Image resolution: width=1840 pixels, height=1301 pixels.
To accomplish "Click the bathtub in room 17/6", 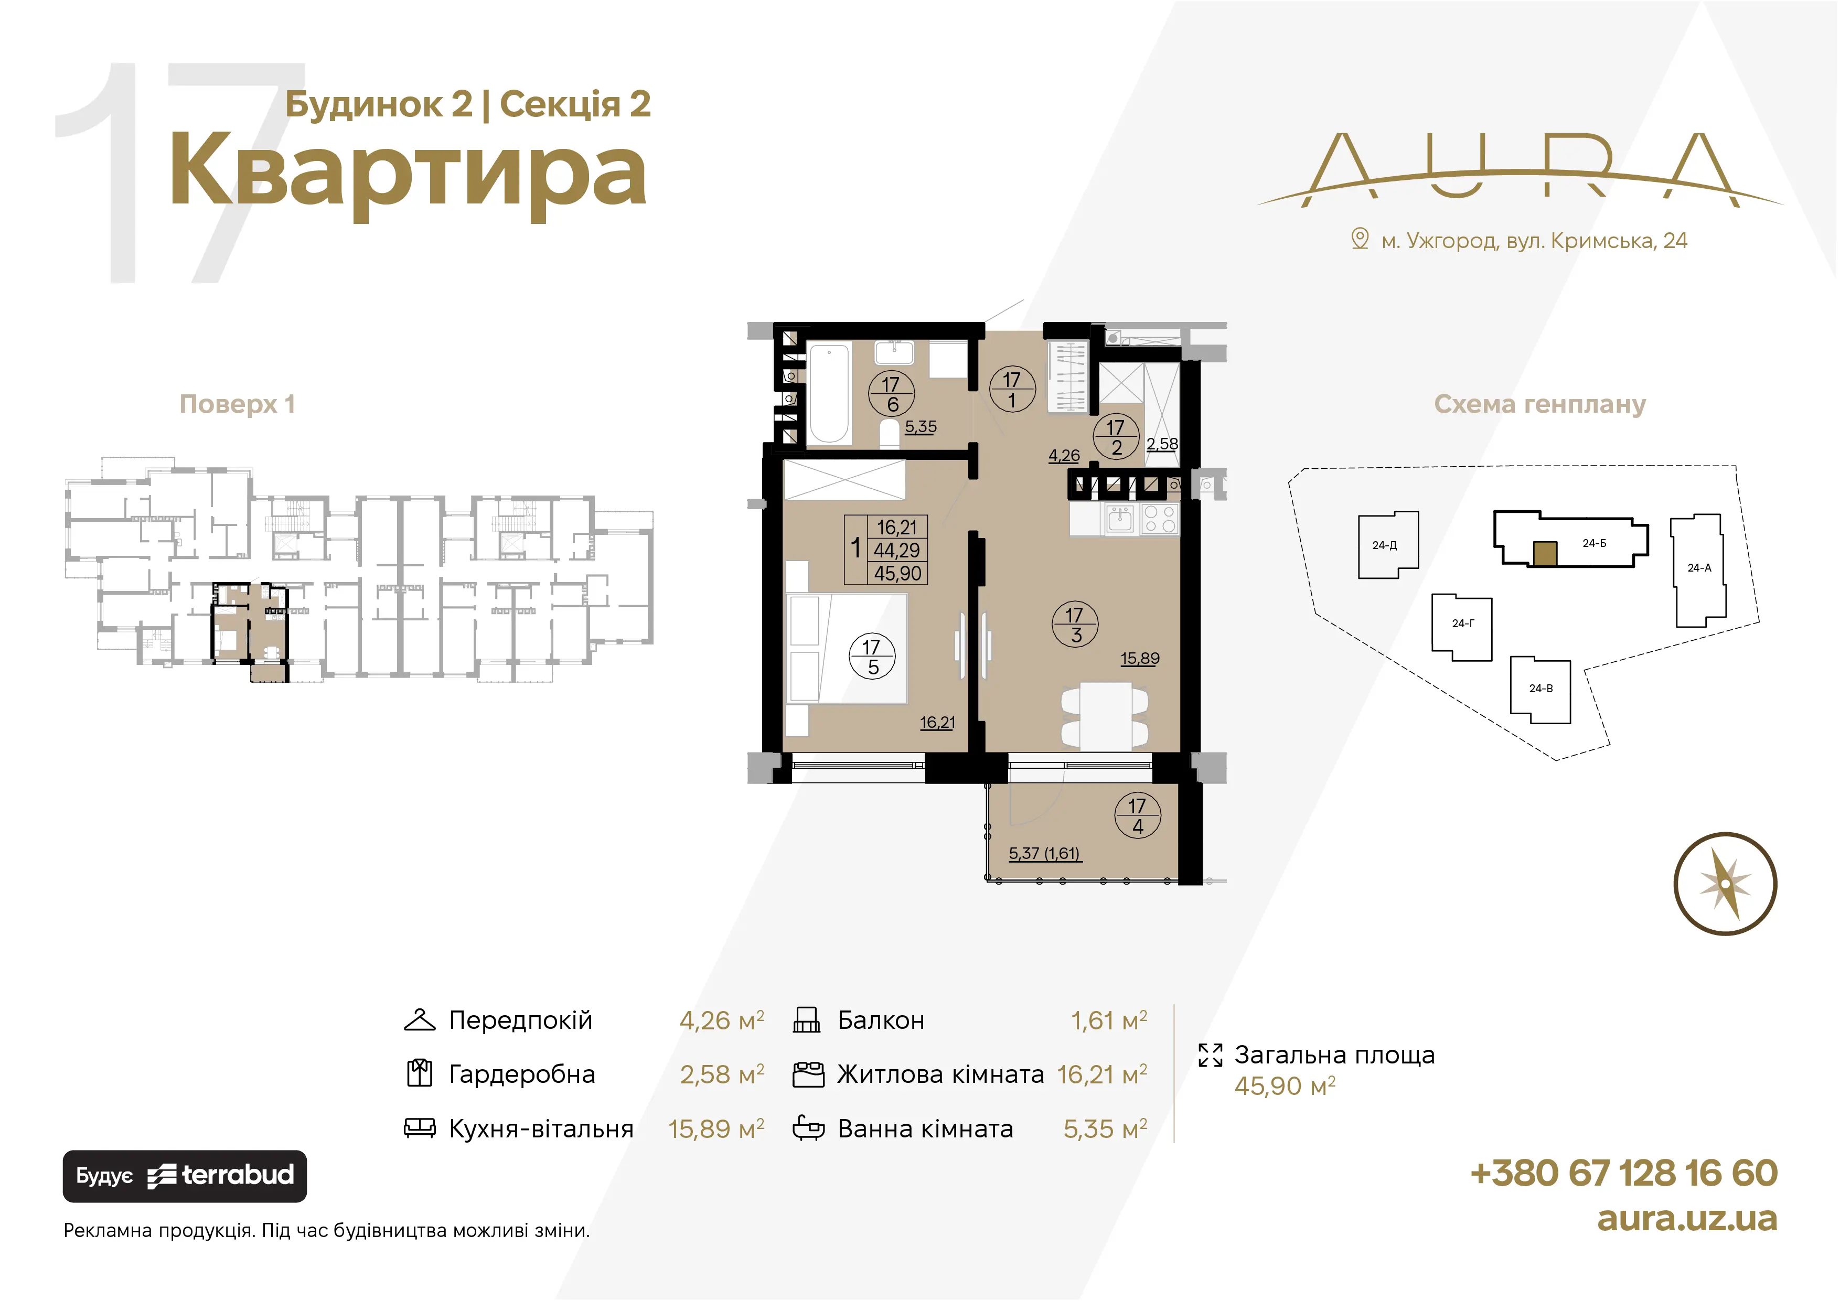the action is click(x=829, y=393).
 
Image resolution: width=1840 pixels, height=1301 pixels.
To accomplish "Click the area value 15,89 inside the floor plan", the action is click(x=1140, y=659).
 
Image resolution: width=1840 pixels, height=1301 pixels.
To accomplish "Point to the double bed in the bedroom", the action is click(x=847, y=649).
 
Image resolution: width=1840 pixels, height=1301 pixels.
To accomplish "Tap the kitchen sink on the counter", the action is click(x=1119, y=520).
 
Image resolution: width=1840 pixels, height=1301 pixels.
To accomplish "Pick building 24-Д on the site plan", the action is click(x=1388, y=545).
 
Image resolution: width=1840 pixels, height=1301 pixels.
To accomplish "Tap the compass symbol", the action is click(x=1725, y=884).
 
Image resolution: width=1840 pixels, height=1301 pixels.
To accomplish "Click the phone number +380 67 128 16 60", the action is click(x=1623, y=1173).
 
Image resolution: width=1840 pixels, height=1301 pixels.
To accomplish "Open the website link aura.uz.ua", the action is click(x=1687, y=1219).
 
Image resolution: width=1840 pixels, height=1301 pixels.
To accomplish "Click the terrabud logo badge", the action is click(x=184, y=1176).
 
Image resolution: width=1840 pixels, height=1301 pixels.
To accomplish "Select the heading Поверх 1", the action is click(x=237, y=404).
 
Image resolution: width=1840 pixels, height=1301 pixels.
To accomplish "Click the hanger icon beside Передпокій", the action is click(x=419, y=1020).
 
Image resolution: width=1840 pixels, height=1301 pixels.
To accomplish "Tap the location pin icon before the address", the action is click(x=1360, y=239).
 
